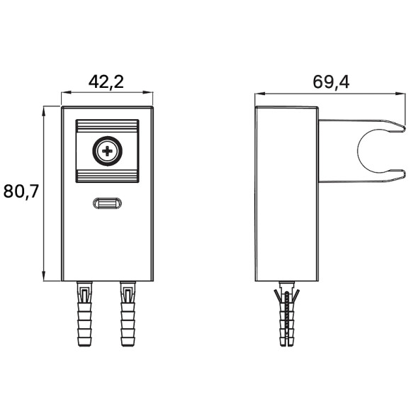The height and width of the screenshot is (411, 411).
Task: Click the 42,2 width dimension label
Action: click(x=106, y=82)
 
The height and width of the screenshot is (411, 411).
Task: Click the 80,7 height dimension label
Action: click(x=21, y=191)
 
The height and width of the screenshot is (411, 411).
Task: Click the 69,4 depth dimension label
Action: click(x=331, y=82)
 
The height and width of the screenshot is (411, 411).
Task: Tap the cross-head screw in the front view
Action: click(x=107, y=151)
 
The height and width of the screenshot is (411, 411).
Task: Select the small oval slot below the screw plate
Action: click(x=108, y=203)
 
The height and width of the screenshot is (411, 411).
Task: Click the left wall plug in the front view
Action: click(x=84, y=314)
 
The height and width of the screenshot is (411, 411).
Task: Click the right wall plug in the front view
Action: click(x=128, y=314)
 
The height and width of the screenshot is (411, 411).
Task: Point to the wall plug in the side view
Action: click(x=287, y=314)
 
